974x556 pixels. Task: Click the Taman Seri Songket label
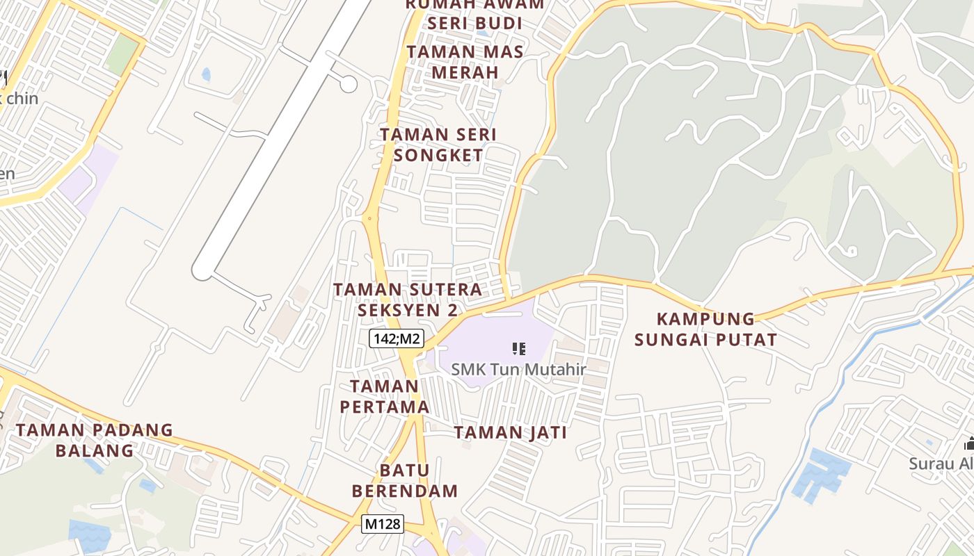pyautogui.click(x=438, y=145)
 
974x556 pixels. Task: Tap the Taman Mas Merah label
pyautogui.click(x=465, y=62)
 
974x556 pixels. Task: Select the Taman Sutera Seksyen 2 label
pyautogui.click(x=408, y=300)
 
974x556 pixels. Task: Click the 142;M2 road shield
pyautogui.click(x=396, y=338)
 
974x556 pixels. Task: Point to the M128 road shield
pyautogui.click(x=383, y=523)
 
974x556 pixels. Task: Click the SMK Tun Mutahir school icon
pyautogui.click(x=518, y=348)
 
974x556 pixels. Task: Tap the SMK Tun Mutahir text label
pyautogui.click(x=518, y=369)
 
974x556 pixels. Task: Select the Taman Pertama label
pyautogui.click(x=385, y=396)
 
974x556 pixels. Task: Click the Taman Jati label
pyautogui.click(x=510, y=433)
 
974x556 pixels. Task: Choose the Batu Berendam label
pyautogui.click(x=405, y=481)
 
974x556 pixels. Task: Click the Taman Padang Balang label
pyautogui.click(x=95, y=440)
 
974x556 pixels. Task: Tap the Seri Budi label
pyautogui.click(x=474, y=22)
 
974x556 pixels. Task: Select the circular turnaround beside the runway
pyautogui.click(x=349, y=84)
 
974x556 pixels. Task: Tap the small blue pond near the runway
pyautogui.click(x=206, y=74)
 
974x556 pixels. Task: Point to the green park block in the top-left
pyautogui.click(x=122, y=53)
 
